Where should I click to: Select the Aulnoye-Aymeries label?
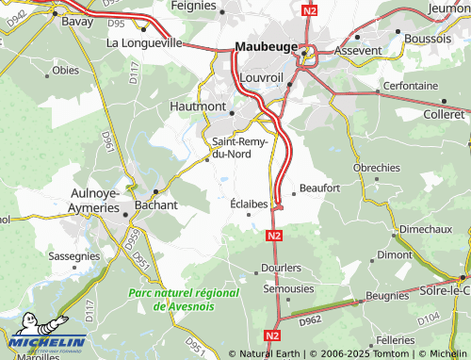(x=95, y=200)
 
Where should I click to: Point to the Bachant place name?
(x=156, y=205)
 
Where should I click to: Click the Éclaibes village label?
(x=250, y=204)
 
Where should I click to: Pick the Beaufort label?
(x=319, y=188)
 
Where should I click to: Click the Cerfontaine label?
(x=411, y=85)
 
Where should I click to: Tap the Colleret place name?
(x=446, y=114)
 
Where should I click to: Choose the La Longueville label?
(x=143, y=42)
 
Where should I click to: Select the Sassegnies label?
(x=73, y=255)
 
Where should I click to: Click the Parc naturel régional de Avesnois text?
(x=184, y=300)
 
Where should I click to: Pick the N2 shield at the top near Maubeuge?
(x=311, y=10)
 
